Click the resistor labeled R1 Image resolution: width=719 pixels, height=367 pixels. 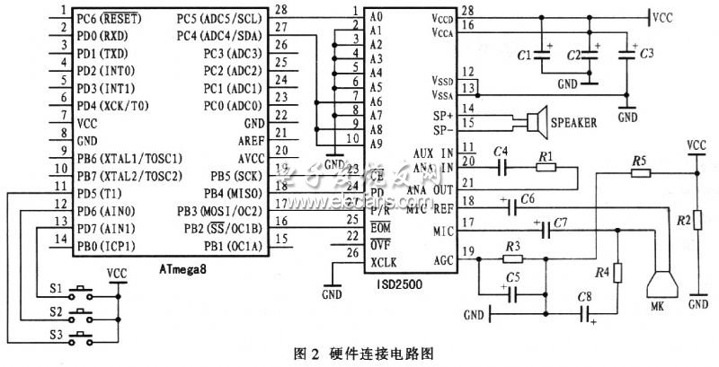click(x=546, y=167)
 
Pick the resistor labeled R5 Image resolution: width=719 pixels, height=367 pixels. click(x=639, y=171)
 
